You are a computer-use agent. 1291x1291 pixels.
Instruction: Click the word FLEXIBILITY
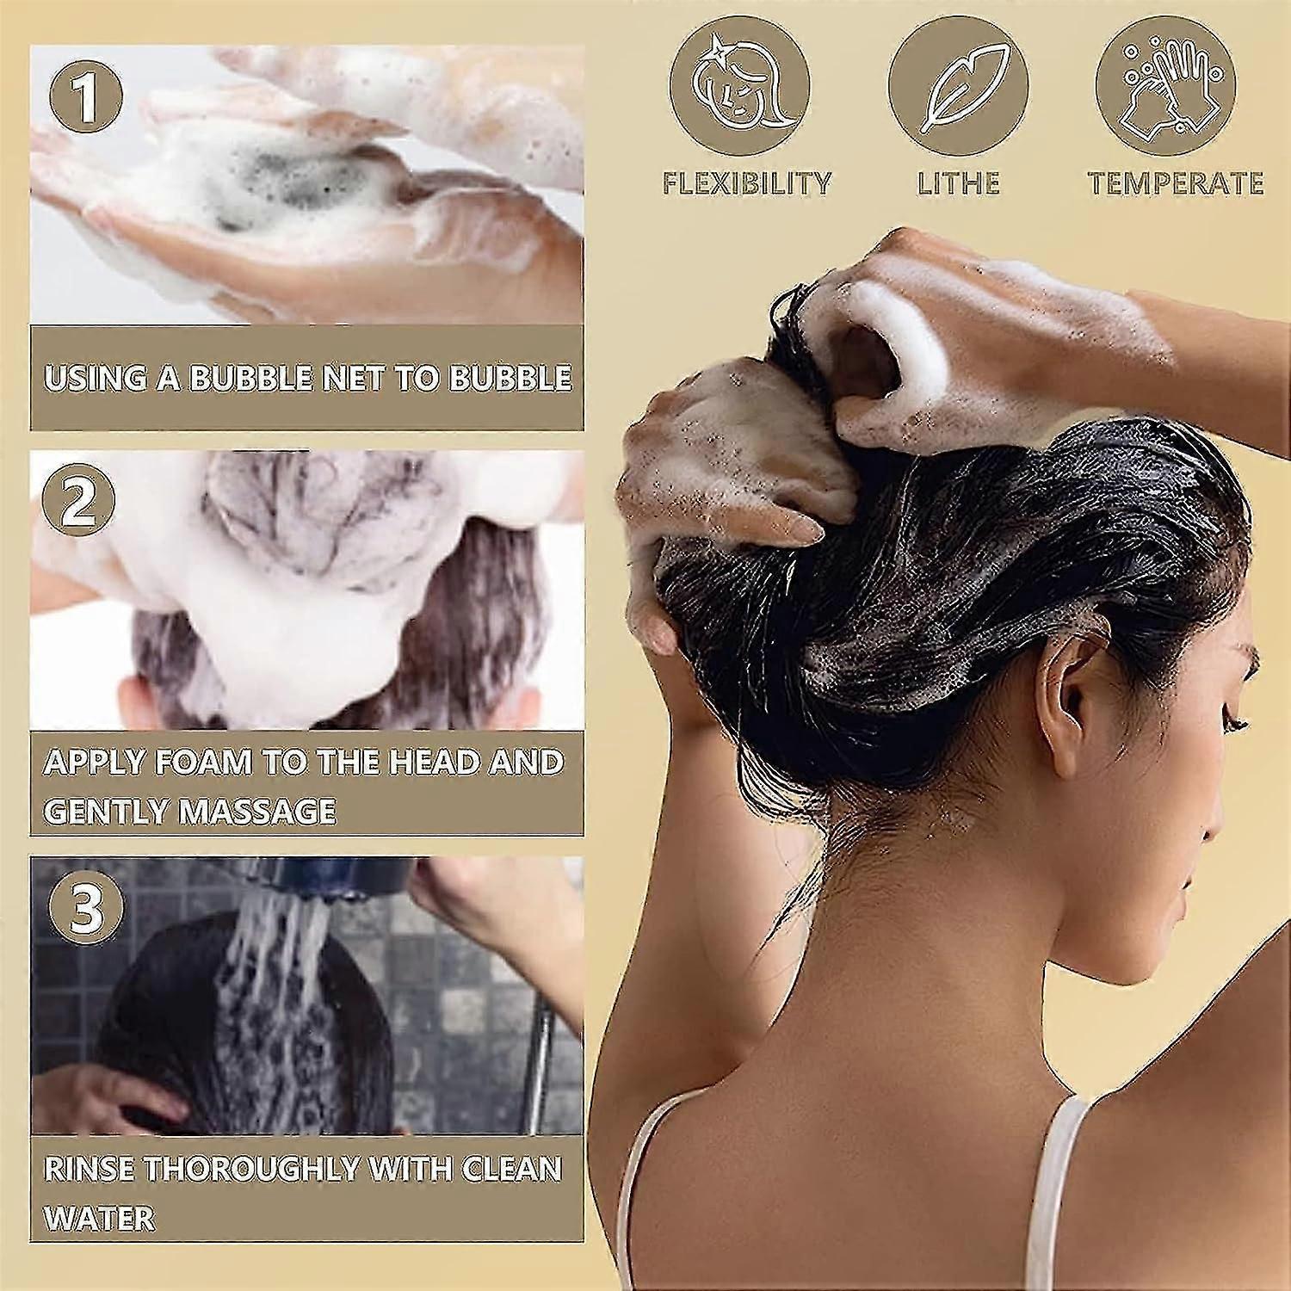coord(746,183)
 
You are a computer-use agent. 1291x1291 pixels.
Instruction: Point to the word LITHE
coord(958,183)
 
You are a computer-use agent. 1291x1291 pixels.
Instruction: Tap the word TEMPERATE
coord(1176,183)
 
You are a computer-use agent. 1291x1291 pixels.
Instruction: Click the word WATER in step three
coord(99,1217)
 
